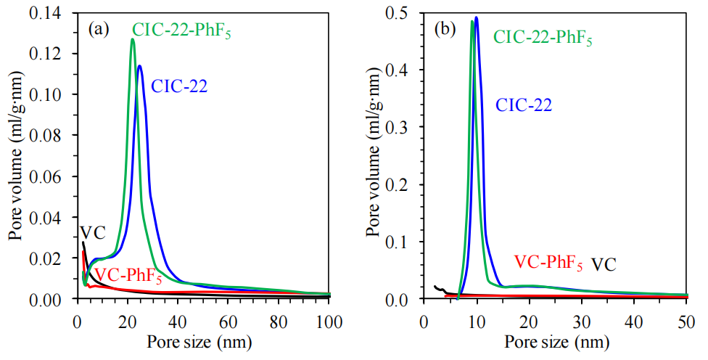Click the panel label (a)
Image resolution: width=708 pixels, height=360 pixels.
pyautogui.click(x=98, y=30)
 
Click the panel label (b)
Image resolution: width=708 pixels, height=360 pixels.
pyautogui.click(x=445, y=30)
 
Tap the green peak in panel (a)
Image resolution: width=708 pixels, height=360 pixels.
pyautogui.click(x=133, y=39)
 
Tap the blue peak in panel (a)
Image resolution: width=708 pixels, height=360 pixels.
pyautogui.click(x=139, y=66)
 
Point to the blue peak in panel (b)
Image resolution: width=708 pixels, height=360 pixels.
pyautogui.click(x=477, y=17)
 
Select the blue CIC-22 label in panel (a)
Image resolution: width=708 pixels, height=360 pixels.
pyautogui.click(x=179, y=86)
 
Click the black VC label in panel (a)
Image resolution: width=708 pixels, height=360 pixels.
pyautogui.click(x=92, y=233)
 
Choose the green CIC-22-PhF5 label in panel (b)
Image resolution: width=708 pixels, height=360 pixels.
pyautogui.click(x=543, y=38)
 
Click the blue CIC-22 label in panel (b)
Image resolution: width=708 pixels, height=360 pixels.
pyautogui.click(x=524, y=105)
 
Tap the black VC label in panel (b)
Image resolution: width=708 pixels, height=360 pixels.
pyautogui.click(x=604, y=263)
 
